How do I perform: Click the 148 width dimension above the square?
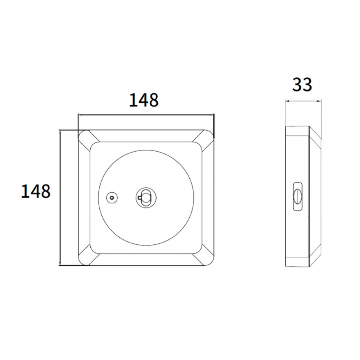(x=144, y=100)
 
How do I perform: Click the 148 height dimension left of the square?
(x=36, y=191)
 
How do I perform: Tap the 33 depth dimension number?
(x=302, y=85)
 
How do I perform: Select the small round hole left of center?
(x=112, y=197)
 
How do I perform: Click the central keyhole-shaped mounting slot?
(x=145, y=197)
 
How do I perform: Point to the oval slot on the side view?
(x=298, y=196)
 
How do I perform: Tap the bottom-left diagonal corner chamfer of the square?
(x=89, y=255)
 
